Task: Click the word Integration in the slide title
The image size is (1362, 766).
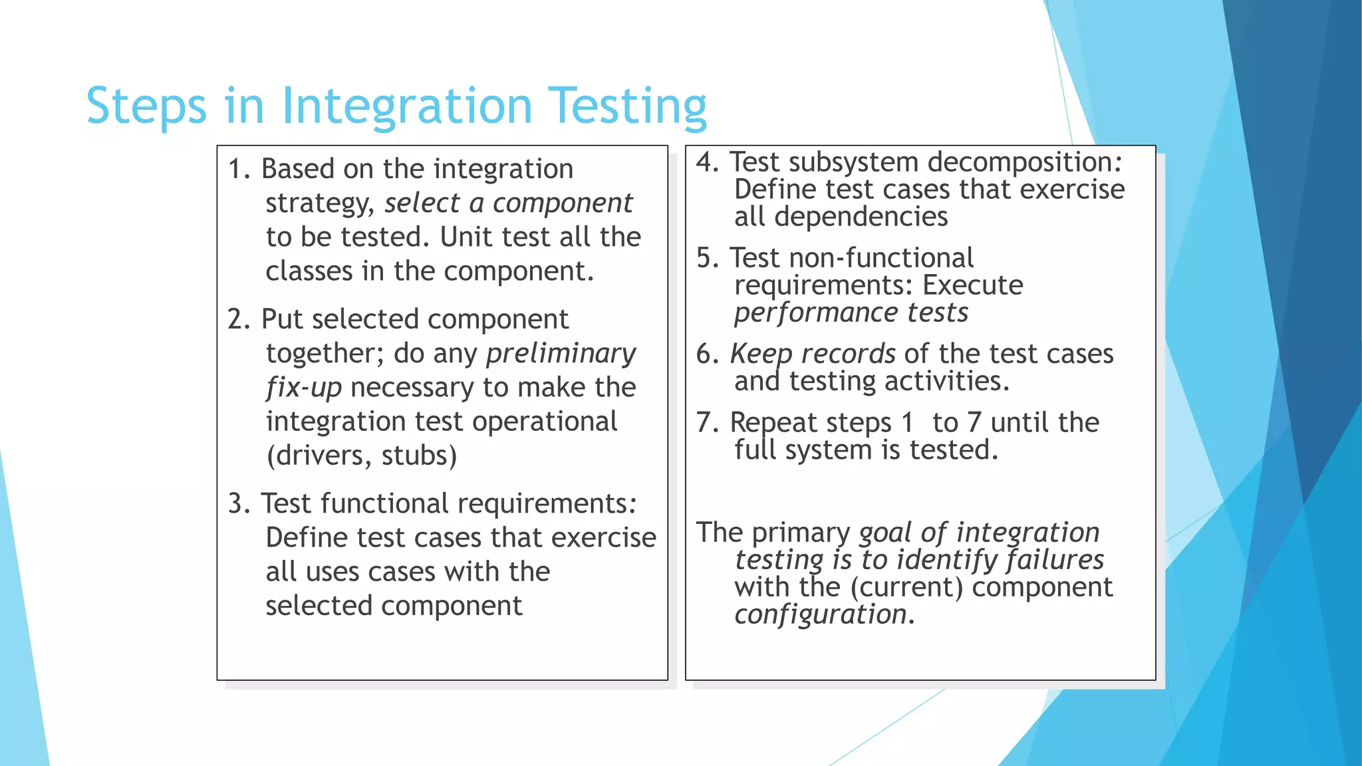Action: pos(407,106)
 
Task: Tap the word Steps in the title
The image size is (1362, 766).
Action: pos(146,106)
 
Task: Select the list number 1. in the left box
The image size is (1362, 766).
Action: pos(239,169)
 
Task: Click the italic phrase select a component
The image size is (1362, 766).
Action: pos(508,203)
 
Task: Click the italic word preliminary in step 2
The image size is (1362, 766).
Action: pos(561,353)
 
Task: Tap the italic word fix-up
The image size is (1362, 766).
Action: pos(304,387)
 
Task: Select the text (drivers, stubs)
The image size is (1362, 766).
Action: pos(361,455)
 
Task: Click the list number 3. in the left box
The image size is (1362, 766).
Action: pos(239,503)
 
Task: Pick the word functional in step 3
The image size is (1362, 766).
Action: pos(384,503)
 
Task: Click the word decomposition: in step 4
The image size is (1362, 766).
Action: pos(1025,162)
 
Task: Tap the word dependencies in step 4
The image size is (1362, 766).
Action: pos(861,217)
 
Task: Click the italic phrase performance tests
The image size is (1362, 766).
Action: pos(851,313)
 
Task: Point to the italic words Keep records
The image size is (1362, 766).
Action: pos(812,354)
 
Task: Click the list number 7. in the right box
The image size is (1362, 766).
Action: pos(708,423)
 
